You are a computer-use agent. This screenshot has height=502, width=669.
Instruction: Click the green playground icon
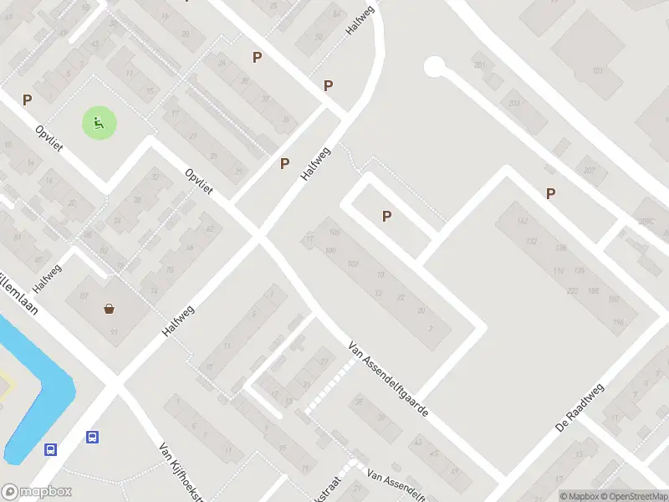pos(99,124)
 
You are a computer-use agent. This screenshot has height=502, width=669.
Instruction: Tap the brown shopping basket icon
pos(110,308)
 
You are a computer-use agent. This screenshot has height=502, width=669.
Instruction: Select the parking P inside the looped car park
pos(386,216)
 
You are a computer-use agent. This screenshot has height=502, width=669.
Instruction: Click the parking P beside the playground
pos(28,100)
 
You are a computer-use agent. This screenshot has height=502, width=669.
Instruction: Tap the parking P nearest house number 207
pos(550,193)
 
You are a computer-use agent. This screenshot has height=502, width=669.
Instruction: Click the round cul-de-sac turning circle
pos(435,66)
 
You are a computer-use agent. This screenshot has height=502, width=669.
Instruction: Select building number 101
pos(597,70)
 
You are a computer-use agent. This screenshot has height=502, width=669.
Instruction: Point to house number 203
pos(513,104)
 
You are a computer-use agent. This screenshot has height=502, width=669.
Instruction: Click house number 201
pos(479,64)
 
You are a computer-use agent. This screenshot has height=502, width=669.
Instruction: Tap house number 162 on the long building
pos(522,222)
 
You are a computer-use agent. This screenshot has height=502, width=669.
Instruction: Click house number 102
pos(353,264)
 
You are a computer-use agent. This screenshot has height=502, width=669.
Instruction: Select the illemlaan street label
pos(25,289)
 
